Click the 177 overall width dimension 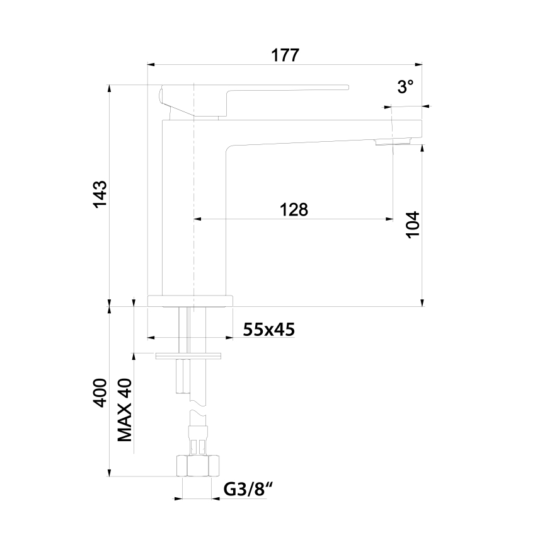tap(285, 55)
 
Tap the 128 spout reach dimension tap(294, 210)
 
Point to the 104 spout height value tap(413, 224)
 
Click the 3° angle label tap(405, 88)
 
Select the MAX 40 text tap(124, 410)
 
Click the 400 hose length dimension tap(100, 394)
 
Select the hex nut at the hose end tap(198, 466)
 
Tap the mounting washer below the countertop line tap(190, 356)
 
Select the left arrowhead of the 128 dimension tap(196, 219)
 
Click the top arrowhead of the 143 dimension tap(110, 86)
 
